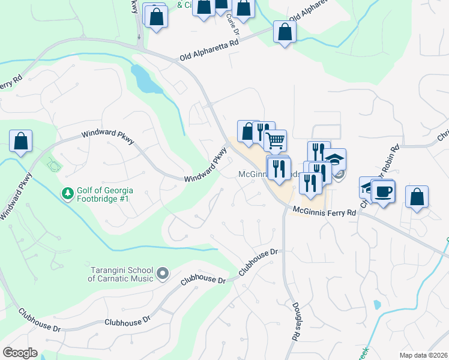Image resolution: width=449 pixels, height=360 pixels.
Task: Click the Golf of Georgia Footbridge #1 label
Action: pos(106,194)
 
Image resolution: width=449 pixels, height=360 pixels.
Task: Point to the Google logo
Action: pos(20,353)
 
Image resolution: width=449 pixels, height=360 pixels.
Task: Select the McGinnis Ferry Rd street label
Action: pos(324,212)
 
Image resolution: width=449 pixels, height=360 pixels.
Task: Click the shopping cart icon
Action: pos(275,141)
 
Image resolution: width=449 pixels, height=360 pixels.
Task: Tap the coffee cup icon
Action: pos(383,191)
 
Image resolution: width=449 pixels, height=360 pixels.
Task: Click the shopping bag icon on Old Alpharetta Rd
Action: pos(285,32)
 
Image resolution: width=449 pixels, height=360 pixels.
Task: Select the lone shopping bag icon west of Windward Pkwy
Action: pos(20,142)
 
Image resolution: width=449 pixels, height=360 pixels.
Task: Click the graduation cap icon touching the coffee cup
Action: pos(367,187)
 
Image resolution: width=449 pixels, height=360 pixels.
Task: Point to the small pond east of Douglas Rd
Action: pos(377,304)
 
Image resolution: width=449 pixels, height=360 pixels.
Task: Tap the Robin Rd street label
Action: pos(394,158)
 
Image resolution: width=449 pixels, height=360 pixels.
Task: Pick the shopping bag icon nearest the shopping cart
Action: pos(248,131)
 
